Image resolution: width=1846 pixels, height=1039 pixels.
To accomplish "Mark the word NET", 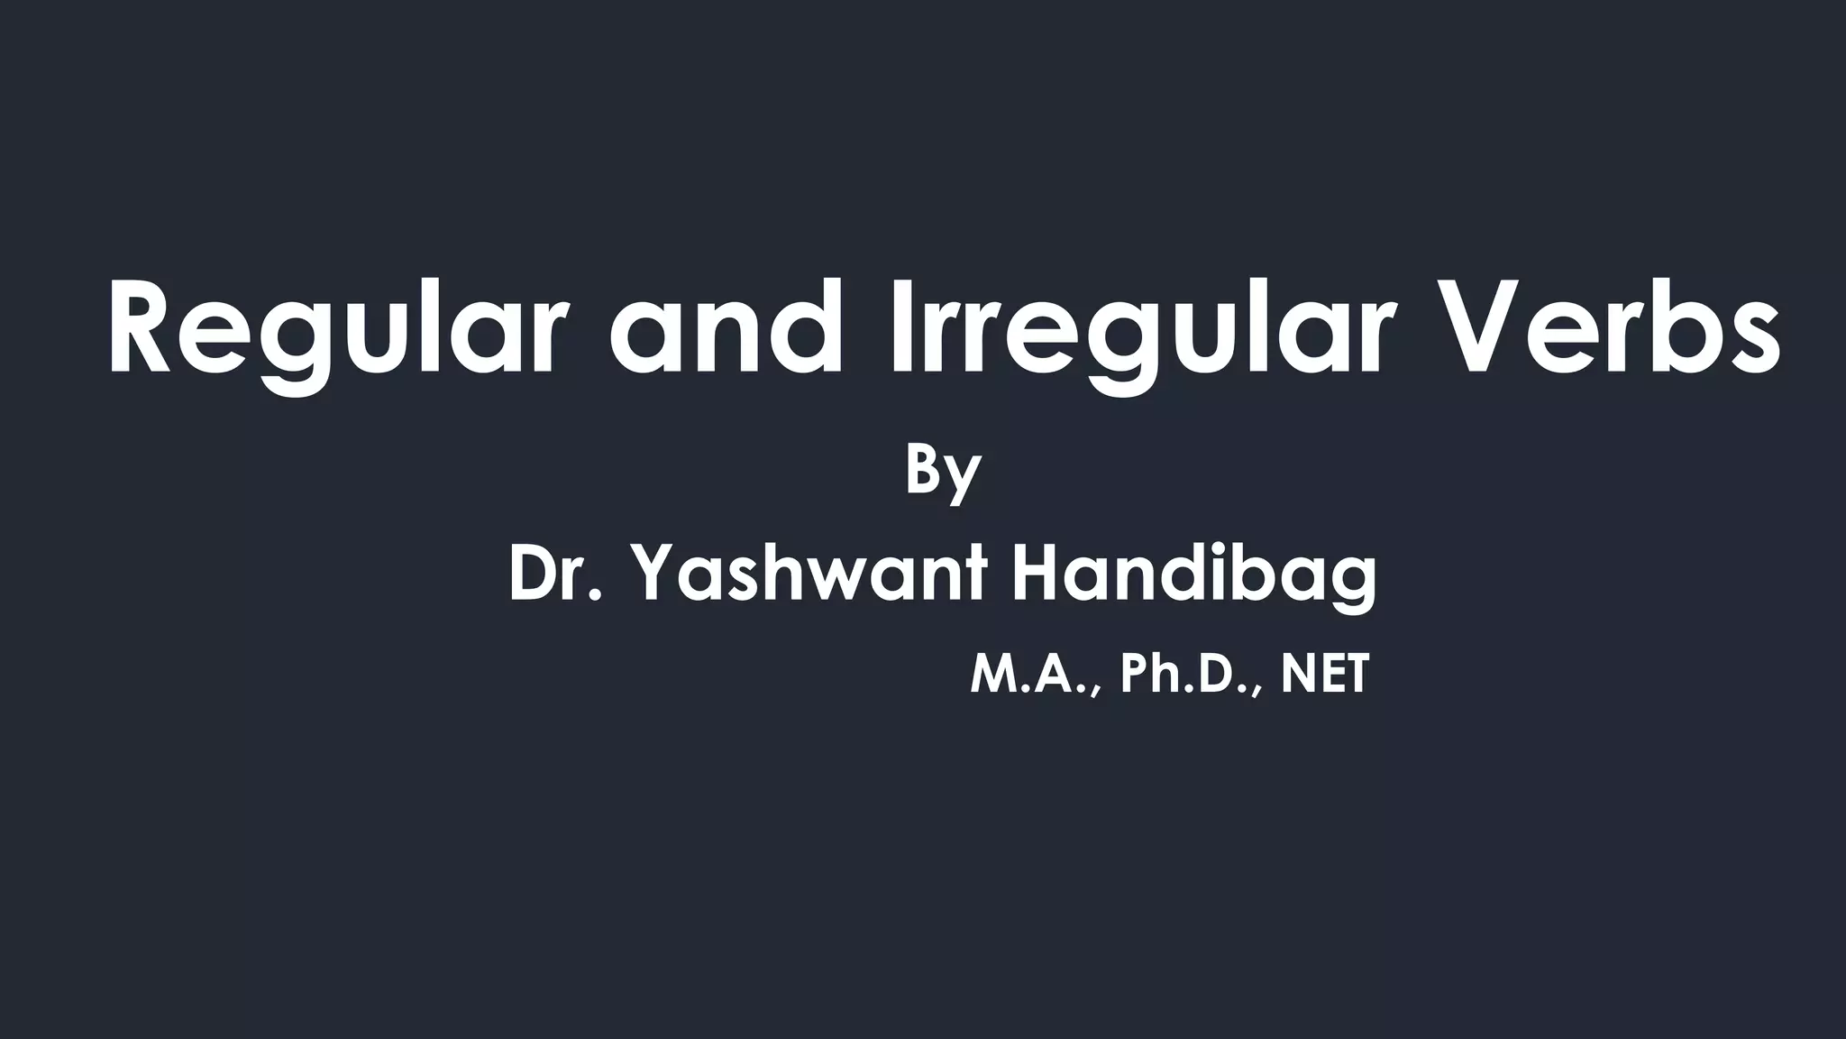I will pos(1325,675).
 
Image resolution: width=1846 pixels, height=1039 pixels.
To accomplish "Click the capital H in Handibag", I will pos(1037,574).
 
